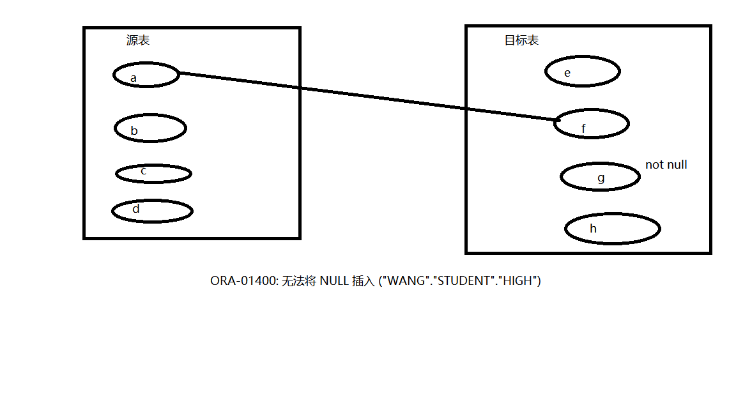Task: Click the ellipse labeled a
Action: click(x=146, y=75)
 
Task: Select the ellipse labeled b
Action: click(x=150, y=128)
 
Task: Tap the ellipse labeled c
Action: click(x=153, y=173)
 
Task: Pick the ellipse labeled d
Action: click(x=152, y=211)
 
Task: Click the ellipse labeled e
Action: click(x=582, y=72)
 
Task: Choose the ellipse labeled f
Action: click(x=591, y=124)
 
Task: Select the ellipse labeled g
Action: click(x=600, y=177)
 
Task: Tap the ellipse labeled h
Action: click(x=612, y=229)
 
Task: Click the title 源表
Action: click(x=138, y=40)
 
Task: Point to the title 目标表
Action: click(x=521, y=40)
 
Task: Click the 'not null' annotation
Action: click(x=666, y=165)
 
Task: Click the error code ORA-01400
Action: click(x=243, y=281)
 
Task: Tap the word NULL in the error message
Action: click(x=334, y=281)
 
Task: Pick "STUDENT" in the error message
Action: click(x=463, y=281)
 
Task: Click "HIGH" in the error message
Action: click(x=518, y=281)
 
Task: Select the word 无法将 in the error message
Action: click(x=299, y=281)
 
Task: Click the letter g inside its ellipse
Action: click(x=601, y=178)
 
